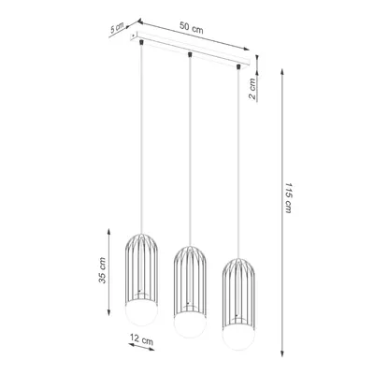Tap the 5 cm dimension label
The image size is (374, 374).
[115, 29]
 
